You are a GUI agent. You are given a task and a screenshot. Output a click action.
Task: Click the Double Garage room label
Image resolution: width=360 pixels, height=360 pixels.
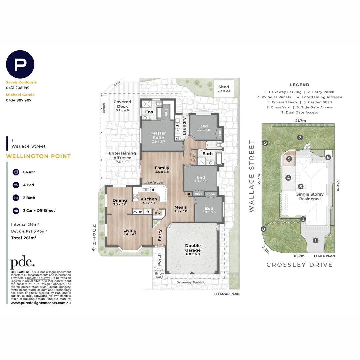click(193, 248)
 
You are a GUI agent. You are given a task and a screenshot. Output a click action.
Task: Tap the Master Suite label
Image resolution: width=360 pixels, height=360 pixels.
click(158, 135)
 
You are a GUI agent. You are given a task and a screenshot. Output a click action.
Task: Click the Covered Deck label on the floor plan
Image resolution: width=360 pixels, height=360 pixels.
click(122, 104)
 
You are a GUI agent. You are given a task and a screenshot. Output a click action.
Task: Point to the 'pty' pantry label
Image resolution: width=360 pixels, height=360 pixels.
click(158, 212)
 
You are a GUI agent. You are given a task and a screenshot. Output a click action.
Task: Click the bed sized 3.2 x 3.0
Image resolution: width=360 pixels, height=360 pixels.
click(203, 128)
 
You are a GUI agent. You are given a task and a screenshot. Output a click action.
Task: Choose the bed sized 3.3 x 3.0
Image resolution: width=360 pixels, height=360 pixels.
click(209, 210)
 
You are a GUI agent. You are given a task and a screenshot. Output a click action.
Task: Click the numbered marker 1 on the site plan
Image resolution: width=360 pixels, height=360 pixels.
click(315, 240)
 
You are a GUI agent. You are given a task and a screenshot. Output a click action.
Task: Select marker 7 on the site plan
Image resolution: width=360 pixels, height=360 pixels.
click(300, 137)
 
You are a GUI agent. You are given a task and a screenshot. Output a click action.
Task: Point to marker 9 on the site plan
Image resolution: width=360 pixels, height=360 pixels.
click(265, 143)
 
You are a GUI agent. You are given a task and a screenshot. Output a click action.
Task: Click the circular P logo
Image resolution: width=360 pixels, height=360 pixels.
click(20, 64)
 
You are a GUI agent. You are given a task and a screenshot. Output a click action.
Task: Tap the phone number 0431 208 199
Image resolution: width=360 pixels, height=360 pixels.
click(18, 88)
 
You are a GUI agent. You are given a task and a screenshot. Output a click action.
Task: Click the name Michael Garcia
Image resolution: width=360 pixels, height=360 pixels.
click(20, 95)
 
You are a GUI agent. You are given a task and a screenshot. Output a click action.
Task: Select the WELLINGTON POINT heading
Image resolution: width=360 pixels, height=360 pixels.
click(38, 156)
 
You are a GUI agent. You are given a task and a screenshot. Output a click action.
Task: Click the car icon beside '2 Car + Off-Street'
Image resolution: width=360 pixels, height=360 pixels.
click(15, 211)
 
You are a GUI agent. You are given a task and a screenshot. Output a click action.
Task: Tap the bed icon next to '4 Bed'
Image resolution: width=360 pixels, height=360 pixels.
click(15, 185)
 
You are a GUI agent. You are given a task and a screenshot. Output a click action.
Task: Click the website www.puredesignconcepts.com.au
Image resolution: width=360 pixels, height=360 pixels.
click(41, 303)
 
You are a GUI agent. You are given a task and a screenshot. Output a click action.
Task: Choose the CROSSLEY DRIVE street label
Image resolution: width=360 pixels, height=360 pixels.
click(299, 265)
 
